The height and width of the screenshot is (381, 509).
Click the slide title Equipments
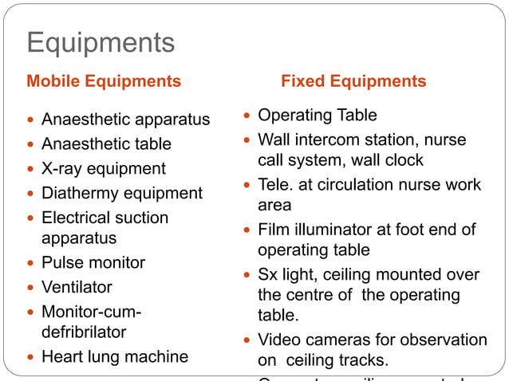click(x=101, y=42)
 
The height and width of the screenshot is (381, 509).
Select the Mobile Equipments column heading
click(x=104, y=81)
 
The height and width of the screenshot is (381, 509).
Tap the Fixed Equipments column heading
click(x=353, y=81)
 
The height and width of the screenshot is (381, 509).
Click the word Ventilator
click(x=77, y=287)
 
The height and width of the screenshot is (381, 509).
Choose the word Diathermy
click(x=77, y=193)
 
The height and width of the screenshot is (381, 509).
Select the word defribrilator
click(x=84, y=332)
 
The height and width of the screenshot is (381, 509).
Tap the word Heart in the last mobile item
click(x=61, y=356)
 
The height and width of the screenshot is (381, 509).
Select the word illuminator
click(x=333, y=230)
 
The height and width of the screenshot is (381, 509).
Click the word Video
click(x=279, y=340)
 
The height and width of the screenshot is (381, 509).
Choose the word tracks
click(x=362, y=360)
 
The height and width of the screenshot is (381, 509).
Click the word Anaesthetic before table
click(x=89, y=143)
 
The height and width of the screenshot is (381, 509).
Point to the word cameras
click(x=336, y=340)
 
